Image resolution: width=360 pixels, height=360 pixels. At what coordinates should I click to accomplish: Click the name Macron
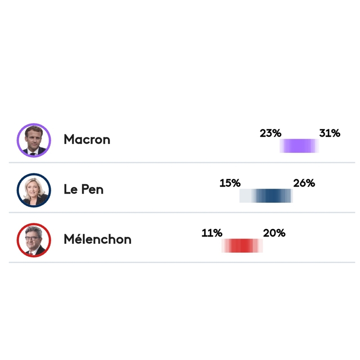point(87,139)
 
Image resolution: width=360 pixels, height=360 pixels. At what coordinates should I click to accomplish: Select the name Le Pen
point(84,189)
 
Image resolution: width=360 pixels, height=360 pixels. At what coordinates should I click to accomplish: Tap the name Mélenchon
point(97,239)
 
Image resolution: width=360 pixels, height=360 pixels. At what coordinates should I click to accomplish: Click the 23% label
point(270,133)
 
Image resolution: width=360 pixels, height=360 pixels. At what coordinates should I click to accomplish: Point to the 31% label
point(329,133)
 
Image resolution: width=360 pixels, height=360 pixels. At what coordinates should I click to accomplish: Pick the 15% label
point(230,183)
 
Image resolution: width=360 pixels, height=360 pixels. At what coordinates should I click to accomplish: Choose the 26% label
point(304,183)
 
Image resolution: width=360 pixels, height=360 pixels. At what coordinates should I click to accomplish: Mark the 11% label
point(212,233)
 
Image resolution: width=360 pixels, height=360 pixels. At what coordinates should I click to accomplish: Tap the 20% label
point(274,233)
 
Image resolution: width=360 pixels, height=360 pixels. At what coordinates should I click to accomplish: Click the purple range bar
point(299,146)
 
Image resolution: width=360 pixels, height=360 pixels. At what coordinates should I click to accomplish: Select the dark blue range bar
point(266,196)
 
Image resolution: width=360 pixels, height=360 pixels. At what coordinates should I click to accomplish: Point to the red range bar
point(242,245)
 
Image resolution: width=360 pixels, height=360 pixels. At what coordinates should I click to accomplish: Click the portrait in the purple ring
point(34,140)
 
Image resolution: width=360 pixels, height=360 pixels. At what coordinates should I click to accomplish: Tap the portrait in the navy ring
point(34,190)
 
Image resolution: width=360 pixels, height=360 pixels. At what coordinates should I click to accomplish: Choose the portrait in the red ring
point(34,240)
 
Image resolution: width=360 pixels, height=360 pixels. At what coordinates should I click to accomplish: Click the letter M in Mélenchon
point(69,239)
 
